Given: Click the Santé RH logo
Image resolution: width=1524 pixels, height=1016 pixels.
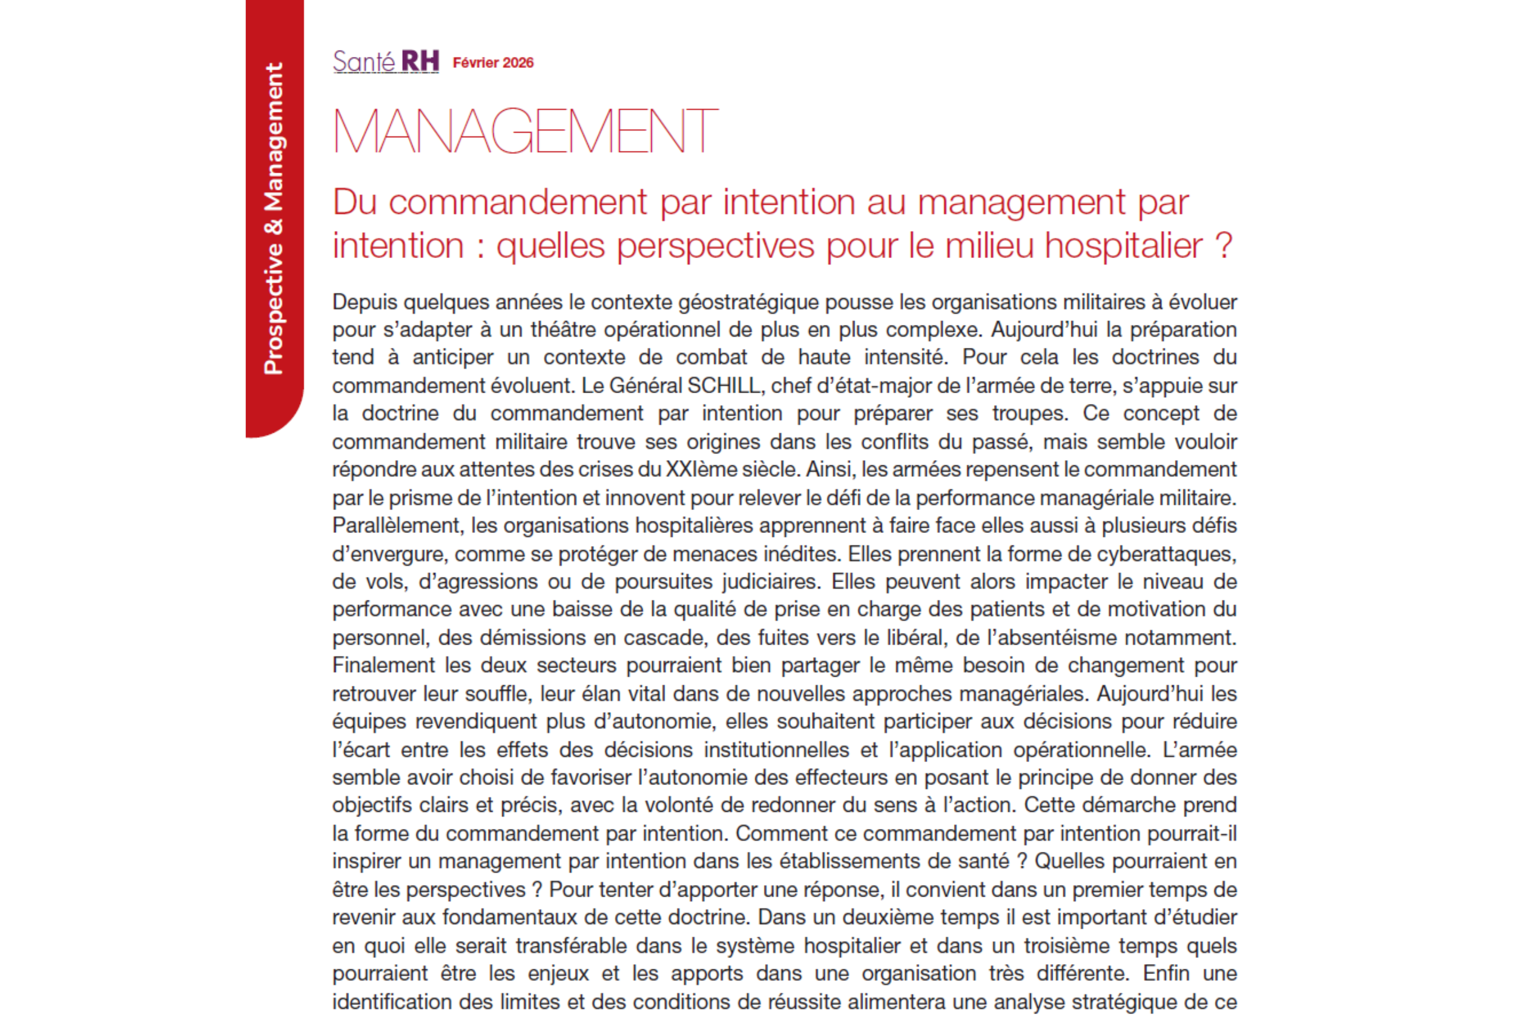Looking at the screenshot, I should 386,62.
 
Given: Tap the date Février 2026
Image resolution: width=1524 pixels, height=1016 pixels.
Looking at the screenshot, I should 493,63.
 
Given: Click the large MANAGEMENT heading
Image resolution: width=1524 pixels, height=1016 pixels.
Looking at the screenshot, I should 525,132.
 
